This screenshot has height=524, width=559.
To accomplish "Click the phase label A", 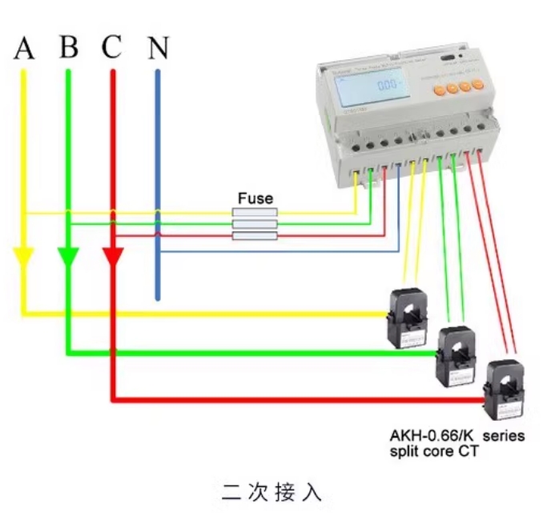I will [25, 49].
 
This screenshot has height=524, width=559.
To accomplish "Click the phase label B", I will [69, 48].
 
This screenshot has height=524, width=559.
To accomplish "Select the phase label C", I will [111, 48].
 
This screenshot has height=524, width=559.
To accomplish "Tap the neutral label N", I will [159, 49].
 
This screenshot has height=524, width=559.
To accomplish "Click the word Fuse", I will [255, 198].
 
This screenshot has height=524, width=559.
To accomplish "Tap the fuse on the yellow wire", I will [255, 213].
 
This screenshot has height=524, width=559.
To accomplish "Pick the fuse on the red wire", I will [255, 236].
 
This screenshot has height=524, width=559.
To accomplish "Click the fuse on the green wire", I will [255, 225].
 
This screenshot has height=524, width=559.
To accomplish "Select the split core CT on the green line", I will [456, 354].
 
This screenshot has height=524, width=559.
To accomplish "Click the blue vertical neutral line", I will [157, 184].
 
